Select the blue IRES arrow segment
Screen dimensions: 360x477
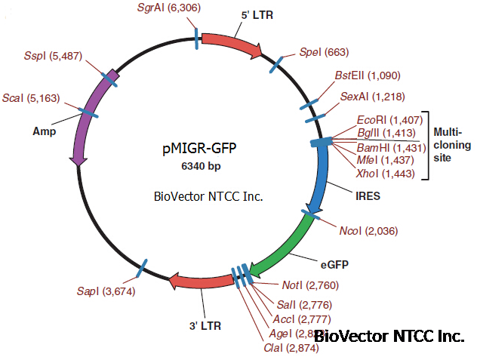pyautogui.click(x=322, y=177)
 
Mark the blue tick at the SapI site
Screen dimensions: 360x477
pyautogui.click(x=143, y=266)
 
